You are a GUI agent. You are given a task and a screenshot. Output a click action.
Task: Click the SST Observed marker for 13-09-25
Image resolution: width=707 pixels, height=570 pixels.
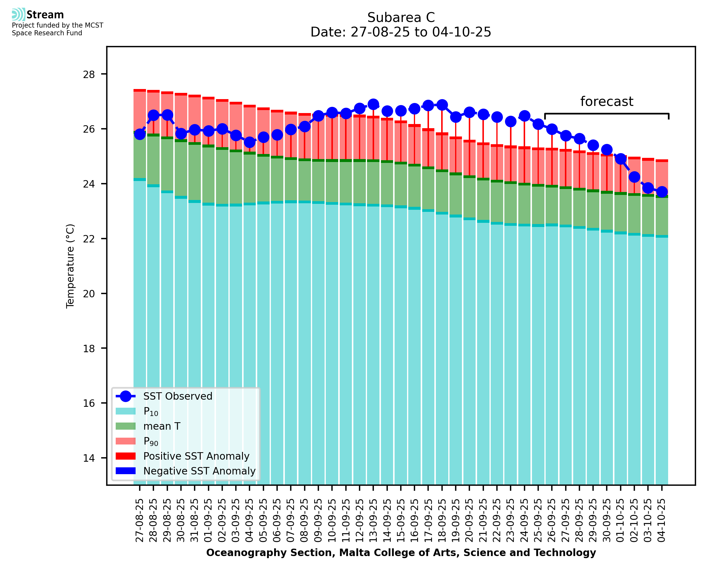pyautogui.click(x=373, y=104)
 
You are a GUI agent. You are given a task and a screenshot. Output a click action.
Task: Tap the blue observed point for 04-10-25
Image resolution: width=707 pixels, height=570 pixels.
pyautogui.click(x=662, y=191)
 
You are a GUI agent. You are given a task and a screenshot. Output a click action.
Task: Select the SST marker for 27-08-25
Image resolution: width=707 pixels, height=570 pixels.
pyautogui.click(x=140, y=134)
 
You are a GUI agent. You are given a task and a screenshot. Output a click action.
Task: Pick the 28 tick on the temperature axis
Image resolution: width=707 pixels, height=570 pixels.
pyautogui.click(x=89, y=74)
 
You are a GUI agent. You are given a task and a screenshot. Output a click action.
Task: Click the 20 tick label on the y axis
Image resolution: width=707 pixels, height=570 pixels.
pyautogui.click(x=89, y=293)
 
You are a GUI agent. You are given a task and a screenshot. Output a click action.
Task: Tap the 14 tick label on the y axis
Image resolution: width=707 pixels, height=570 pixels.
pyautogui.click(x=89, y=458)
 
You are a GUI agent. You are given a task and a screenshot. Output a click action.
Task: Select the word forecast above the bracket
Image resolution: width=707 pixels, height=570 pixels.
pyautogui.click(x=606, y=101)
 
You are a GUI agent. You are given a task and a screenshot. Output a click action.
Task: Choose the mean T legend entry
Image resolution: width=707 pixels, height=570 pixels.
pyautogui.click(x=162, y=426)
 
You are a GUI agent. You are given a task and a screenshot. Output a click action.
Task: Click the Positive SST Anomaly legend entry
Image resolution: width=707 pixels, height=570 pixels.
pyautogui.click(x=196, y=456)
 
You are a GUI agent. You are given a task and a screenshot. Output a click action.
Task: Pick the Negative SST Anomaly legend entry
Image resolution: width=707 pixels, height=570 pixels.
pyautogui.click(x=199, y=471)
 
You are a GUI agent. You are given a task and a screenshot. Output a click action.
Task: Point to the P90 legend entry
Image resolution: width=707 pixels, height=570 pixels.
pyautogui.click(x=151, y=441)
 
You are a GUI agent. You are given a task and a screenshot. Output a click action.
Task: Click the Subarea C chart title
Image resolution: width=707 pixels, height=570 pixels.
pyautogui.click(x=401, y=18)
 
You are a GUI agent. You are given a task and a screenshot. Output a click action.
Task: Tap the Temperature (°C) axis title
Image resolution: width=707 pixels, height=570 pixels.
pyautogui.click(x=70, y=266)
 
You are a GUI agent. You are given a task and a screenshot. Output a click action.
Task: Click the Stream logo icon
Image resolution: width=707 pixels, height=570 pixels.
pyautogui.click(x=18, y=15)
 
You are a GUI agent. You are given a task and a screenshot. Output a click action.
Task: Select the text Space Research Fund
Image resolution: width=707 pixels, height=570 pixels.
pyautogui.click(x=47, y=33)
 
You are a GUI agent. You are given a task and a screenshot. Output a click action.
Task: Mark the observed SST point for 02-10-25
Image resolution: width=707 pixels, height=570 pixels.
pyautogui.click(x=634, y=177)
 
